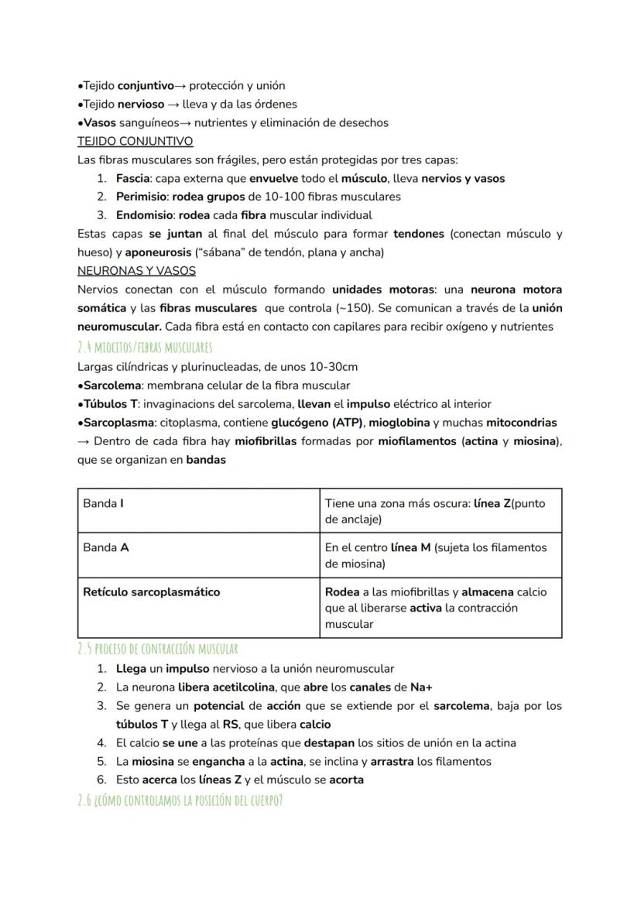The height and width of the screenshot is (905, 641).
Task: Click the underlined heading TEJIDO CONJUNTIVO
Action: (x=135, y=142)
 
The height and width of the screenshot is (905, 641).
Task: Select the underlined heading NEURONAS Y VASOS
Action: (x=136, y=271)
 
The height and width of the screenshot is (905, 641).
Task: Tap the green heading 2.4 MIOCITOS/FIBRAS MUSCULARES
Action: (x=145, y=347)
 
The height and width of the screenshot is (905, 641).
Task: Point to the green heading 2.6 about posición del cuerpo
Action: (x=180, y=800)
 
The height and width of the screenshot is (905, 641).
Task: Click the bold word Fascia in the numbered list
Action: (x=132, y=179)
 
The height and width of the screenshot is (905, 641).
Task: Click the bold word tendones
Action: (x=418, y=234)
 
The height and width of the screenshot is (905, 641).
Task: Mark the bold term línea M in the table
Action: (x=410, y=547)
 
